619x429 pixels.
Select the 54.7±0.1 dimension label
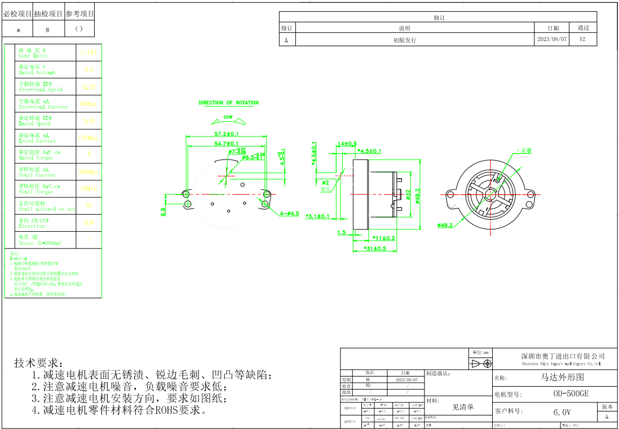coord(226,144)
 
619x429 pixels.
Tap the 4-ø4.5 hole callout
coord(290,214)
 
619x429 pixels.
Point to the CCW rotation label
coord(228,117)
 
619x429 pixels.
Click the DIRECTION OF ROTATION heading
coord(228,103)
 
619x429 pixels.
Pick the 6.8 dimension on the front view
coord(163,212)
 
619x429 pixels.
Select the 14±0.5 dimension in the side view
coord(347,144)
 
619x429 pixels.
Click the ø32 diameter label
coord(408,194)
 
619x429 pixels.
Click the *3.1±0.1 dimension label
coord(317,216)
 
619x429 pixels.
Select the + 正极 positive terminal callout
coord(524,151)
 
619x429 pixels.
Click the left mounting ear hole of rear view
coord(450,195)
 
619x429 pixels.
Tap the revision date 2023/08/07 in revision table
coord(552,40)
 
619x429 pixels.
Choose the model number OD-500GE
coord(571,394)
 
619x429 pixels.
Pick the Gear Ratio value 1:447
coord(89,53)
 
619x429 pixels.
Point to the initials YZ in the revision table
coord(582,40)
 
